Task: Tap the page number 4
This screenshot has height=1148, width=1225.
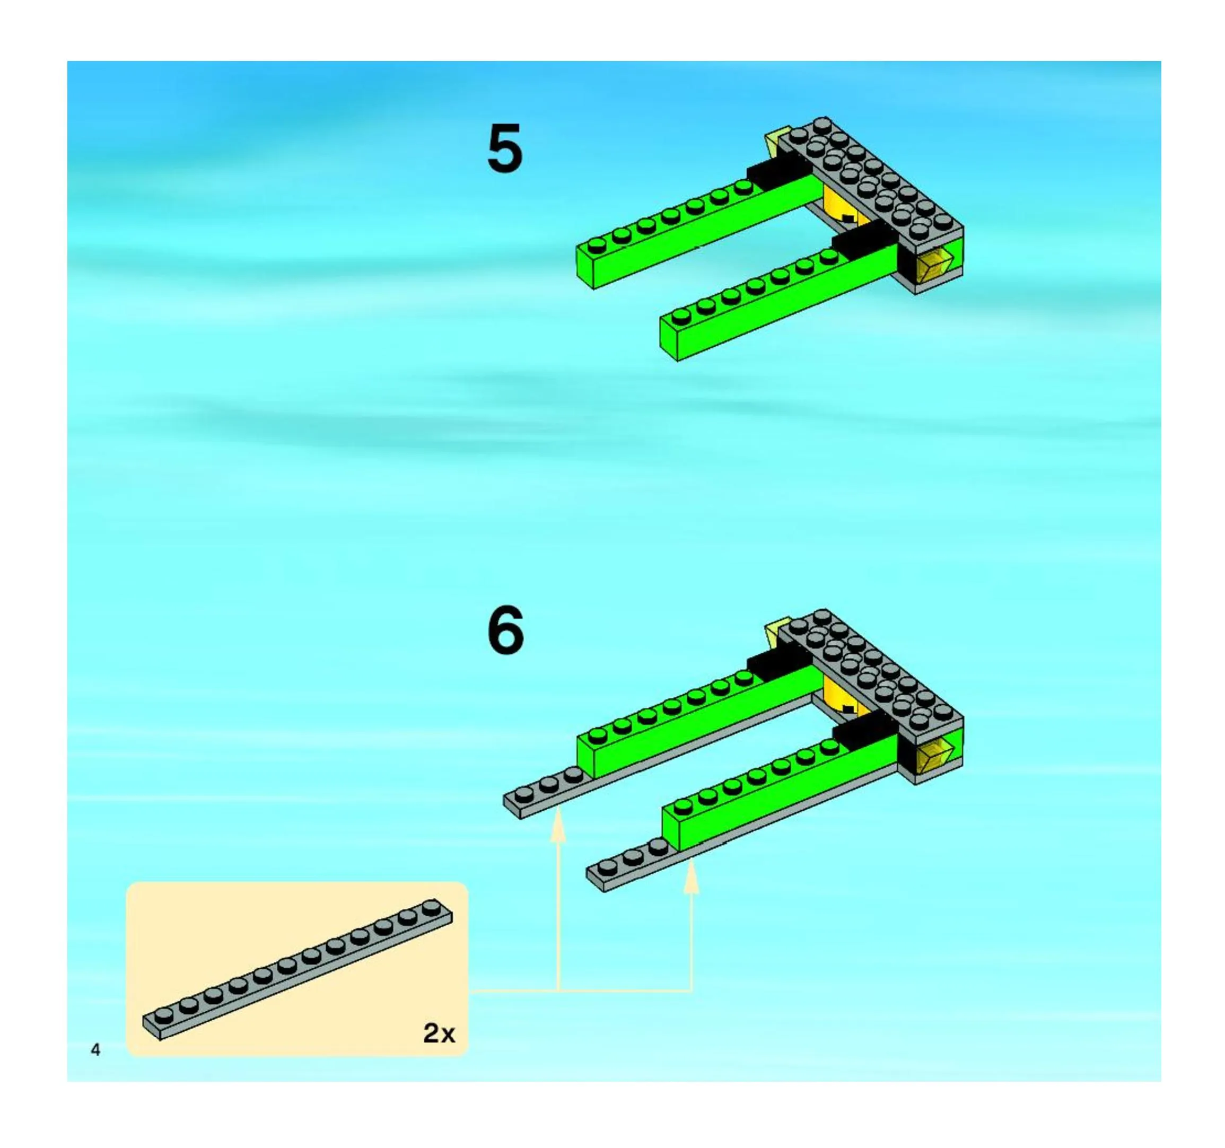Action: click(95, 1049)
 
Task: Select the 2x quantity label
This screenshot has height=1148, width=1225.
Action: click(439, 1033)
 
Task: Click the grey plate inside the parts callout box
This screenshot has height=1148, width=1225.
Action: click(297, 970)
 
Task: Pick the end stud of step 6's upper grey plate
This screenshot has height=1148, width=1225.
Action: click(524, 794)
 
